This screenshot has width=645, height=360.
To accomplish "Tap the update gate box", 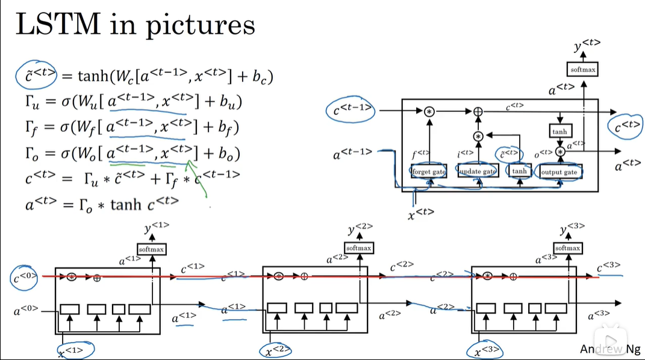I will (x=478, y=172).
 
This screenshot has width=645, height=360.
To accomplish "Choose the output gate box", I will (x=559, y=172).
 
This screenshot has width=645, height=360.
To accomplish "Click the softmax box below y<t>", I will (x=582, y=70).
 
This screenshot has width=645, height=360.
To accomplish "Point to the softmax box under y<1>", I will (x=152, y=249).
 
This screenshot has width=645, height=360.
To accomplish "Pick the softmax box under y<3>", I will (x=567, y=247).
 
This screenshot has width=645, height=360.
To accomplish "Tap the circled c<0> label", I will (x=25, y=277).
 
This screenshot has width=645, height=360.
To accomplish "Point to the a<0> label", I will (x=25, y=311).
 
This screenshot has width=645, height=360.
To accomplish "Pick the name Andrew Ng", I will (x=610, y=349).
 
